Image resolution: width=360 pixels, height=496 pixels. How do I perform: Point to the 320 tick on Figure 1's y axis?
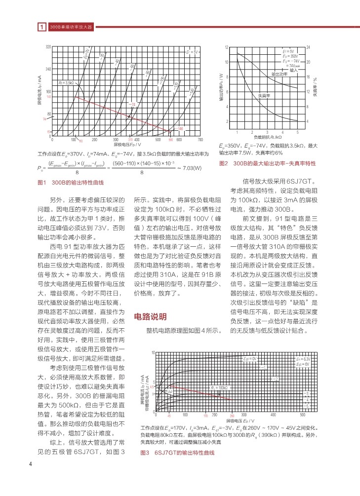tap(48, 46)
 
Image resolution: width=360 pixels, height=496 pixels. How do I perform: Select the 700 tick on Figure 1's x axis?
tap(200, 140)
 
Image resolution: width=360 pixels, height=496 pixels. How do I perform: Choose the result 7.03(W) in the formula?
tap(190, 168)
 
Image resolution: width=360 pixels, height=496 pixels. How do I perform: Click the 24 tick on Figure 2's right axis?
tap(308, 47)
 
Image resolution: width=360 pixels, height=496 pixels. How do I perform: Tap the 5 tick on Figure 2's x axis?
tap(298, 133)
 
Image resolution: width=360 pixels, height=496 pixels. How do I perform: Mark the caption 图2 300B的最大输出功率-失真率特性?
tap(267, 163)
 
